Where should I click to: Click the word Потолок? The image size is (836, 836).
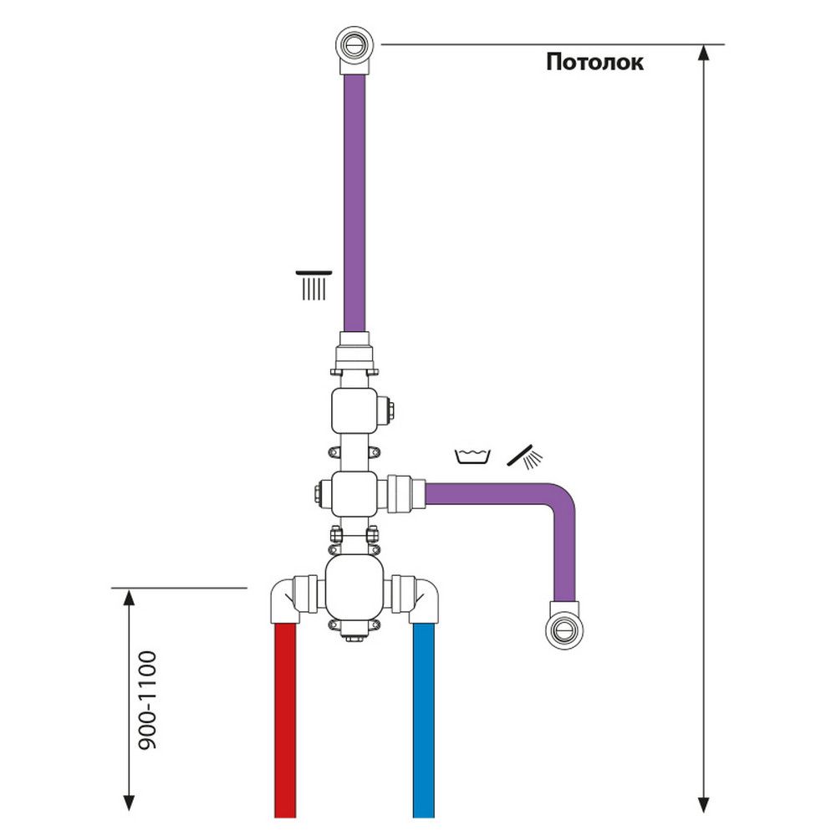pyautogui.click(x=594, y=63)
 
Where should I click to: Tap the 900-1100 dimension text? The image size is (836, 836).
pyautogui.click(x=147, y=700)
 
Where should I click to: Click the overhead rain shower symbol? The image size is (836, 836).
pyautogui.click(x=313, y=285)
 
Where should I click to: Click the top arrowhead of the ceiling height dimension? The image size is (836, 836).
pyautogui.click(x=704, y=50)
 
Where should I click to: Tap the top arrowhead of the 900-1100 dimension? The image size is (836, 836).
pyautogui.click(x=129, y=595)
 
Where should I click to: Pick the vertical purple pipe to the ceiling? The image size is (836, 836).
pyautogui.click(x=356, y=201)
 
